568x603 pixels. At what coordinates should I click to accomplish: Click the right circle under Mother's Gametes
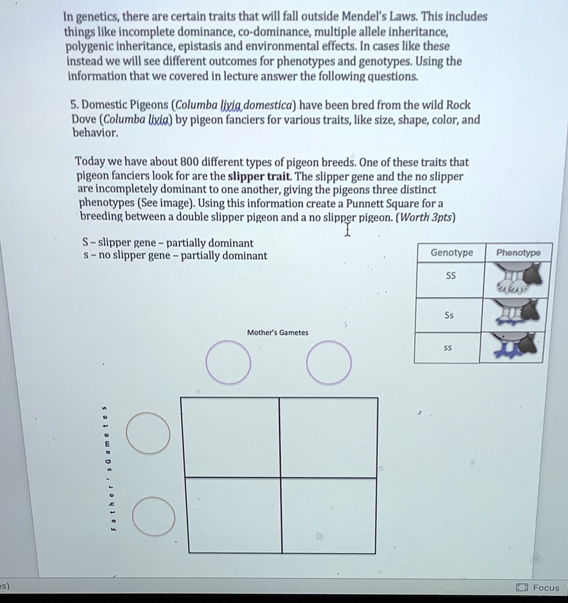click(x=329, y=362)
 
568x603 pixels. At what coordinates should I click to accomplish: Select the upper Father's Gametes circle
click(x=148, y=433)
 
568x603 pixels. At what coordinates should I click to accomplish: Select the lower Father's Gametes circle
click(x=153, y=516)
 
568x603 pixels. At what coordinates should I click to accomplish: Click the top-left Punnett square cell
click(x=230, y=438)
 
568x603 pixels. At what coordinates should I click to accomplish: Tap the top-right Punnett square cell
click(x=329, y=438)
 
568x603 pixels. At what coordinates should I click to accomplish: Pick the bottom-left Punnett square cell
click(x=234, y=515)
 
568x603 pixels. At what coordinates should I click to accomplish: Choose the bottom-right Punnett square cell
click(x=329, y=515)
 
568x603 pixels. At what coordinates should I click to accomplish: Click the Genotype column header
click(x=451, y=253)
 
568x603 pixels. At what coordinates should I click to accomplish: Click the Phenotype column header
click(x=518, y=253)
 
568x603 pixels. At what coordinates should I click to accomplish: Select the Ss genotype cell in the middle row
click(x=449, y=315)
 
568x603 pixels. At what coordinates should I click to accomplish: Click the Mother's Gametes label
click(x=277, y=333)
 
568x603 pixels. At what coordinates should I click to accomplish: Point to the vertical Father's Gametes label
click(x=106, y=468)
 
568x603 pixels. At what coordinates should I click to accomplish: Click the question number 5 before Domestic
click(x=74, y=105)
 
